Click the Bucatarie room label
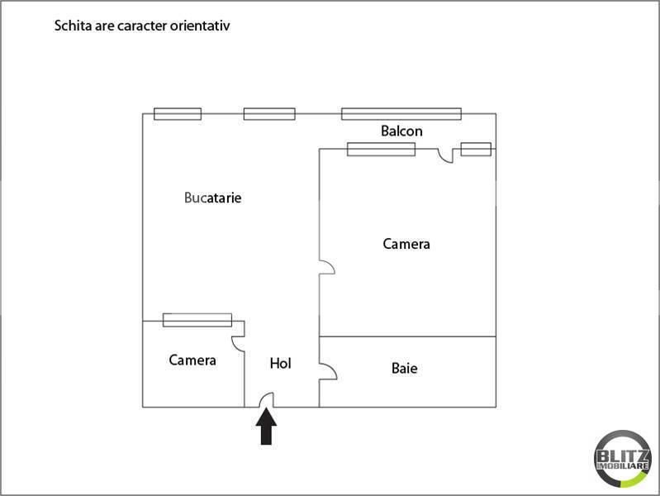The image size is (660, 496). coord(212,198)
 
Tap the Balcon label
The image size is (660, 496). coord(401,131)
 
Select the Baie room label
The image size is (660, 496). coord(404,369)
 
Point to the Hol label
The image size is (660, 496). coord(280,363)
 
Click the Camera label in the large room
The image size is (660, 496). coord(406,244)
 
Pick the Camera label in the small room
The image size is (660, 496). coord(192,360)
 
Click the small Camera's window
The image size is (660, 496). coord(197,320)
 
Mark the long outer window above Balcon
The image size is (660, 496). coord(401,114)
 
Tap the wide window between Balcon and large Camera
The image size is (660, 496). coord(381,149)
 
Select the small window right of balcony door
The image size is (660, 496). coord(476,149)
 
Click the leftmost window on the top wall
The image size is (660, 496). coord(178,114)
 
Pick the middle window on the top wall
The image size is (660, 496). coord(269,114)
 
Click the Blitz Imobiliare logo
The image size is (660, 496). coord(623,459)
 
